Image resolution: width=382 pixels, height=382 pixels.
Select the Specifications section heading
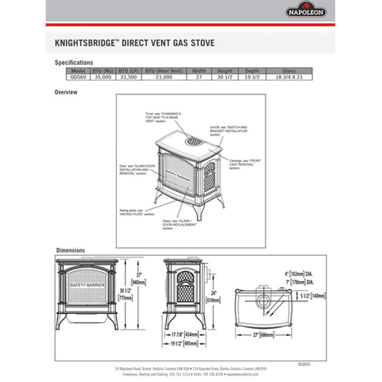[74, 62]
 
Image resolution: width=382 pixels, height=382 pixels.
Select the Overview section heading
[67, 92]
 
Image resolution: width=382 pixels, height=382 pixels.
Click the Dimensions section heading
[71, 250]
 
